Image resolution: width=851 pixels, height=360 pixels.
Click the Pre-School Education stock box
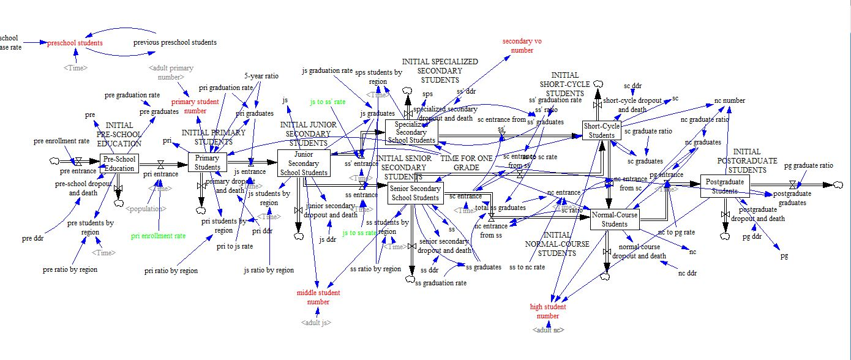tap(119, 163)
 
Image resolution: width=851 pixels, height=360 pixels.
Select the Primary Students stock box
tap(208, 163)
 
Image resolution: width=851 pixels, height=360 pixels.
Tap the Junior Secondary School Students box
tap(303, 163)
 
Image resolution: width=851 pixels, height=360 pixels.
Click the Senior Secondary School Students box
tap(416, 193)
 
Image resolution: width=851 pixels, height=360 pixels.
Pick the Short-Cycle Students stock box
tap(602, 130)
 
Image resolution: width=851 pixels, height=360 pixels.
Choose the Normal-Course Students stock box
tap(615, 220)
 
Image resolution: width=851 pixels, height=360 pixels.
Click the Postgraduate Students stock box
tap(725, 186)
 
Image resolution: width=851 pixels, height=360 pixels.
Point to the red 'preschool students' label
tap(75, 43)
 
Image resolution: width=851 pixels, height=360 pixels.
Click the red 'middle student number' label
tap(318, 297)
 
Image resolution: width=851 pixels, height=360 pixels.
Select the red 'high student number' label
tap(548, 311)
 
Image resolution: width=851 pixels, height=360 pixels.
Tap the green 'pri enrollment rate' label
tap(159, 236)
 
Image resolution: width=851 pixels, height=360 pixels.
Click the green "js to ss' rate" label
tap(328, 102)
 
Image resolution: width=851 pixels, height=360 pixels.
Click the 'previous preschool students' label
tap(175, 43)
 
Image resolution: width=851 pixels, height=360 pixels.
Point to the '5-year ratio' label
tap(261, 77)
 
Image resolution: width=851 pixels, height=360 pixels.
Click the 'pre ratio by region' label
tap(70, 269)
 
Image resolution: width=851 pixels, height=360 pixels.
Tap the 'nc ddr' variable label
tap(688, 272)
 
